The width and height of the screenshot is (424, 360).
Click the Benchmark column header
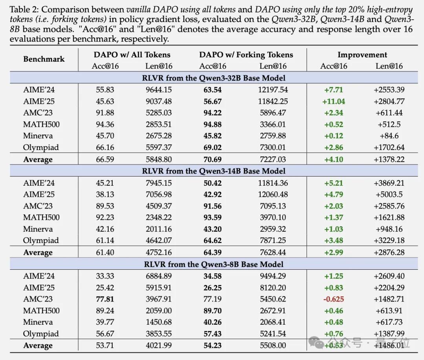click(44, 59)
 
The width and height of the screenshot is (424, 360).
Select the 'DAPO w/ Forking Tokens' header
click(246, 55)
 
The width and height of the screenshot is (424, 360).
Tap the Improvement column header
click(362, 55)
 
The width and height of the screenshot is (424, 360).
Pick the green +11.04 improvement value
click(333, 101)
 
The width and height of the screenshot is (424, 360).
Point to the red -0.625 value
click(333, 299)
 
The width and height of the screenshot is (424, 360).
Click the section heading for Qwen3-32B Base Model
click(214, 78)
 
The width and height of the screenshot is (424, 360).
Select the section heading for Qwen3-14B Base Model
click(214, 171)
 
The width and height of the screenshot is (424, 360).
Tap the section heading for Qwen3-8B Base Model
click(214, 264)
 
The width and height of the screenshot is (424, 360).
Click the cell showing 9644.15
click(159, 90)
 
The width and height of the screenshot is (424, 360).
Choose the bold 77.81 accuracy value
click(105, 299)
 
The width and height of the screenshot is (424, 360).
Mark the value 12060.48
click(273, 194)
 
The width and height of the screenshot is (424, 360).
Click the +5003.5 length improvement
click(389, 194)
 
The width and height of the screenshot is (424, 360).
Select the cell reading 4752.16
click(159, 252)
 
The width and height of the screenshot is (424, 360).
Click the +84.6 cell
click(389, 136)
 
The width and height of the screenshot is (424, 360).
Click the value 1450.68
click(159, 322)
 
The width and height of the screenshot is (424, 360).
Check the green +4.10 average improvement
click(333, 159)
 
